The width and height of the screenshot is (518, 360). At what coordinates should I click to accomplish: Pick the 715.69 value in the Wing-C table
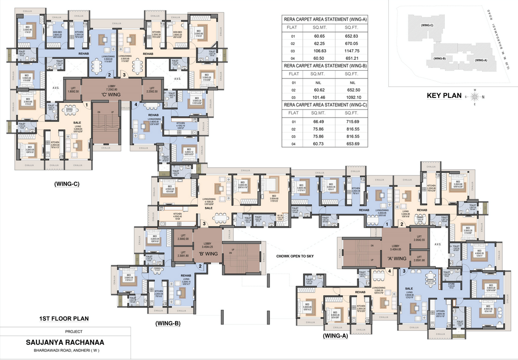[353, 121]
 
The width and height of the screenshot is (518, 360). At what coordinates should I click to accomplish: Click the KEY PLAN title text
[444, 96]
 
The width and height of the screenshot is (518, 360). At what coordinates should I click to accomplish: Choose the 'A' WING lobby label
[396, 259]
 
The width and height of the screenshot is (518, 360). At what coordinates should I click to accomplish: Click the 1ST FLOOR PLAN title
[64, 318]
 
